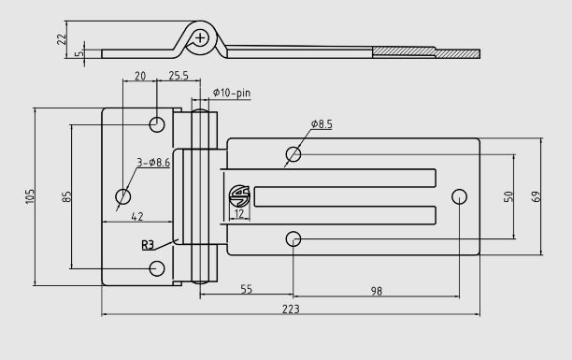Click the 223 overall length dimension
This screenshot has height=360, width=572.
tap(291, 309)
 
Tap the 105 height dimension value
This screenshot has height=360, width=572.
tap(30, 196)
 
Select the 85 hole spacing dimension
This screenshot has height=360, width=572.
tap(67, 196)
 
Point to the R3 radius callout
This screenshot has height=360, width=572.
tap(148, 245)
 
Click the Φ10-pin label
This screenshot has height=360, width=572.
tap(232, 93)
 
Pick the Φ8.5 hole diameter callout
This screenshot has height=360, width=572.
tap(322, 124)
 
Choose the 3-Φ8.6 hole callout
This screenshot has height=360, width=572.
tap(153, 163)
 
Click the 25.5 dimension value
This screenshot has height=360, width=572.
tap(179, 76)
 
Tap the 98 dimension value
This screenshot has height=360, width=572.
tap(377, 291)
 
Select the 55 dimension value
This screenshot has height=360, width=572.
tap(247, 289)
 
